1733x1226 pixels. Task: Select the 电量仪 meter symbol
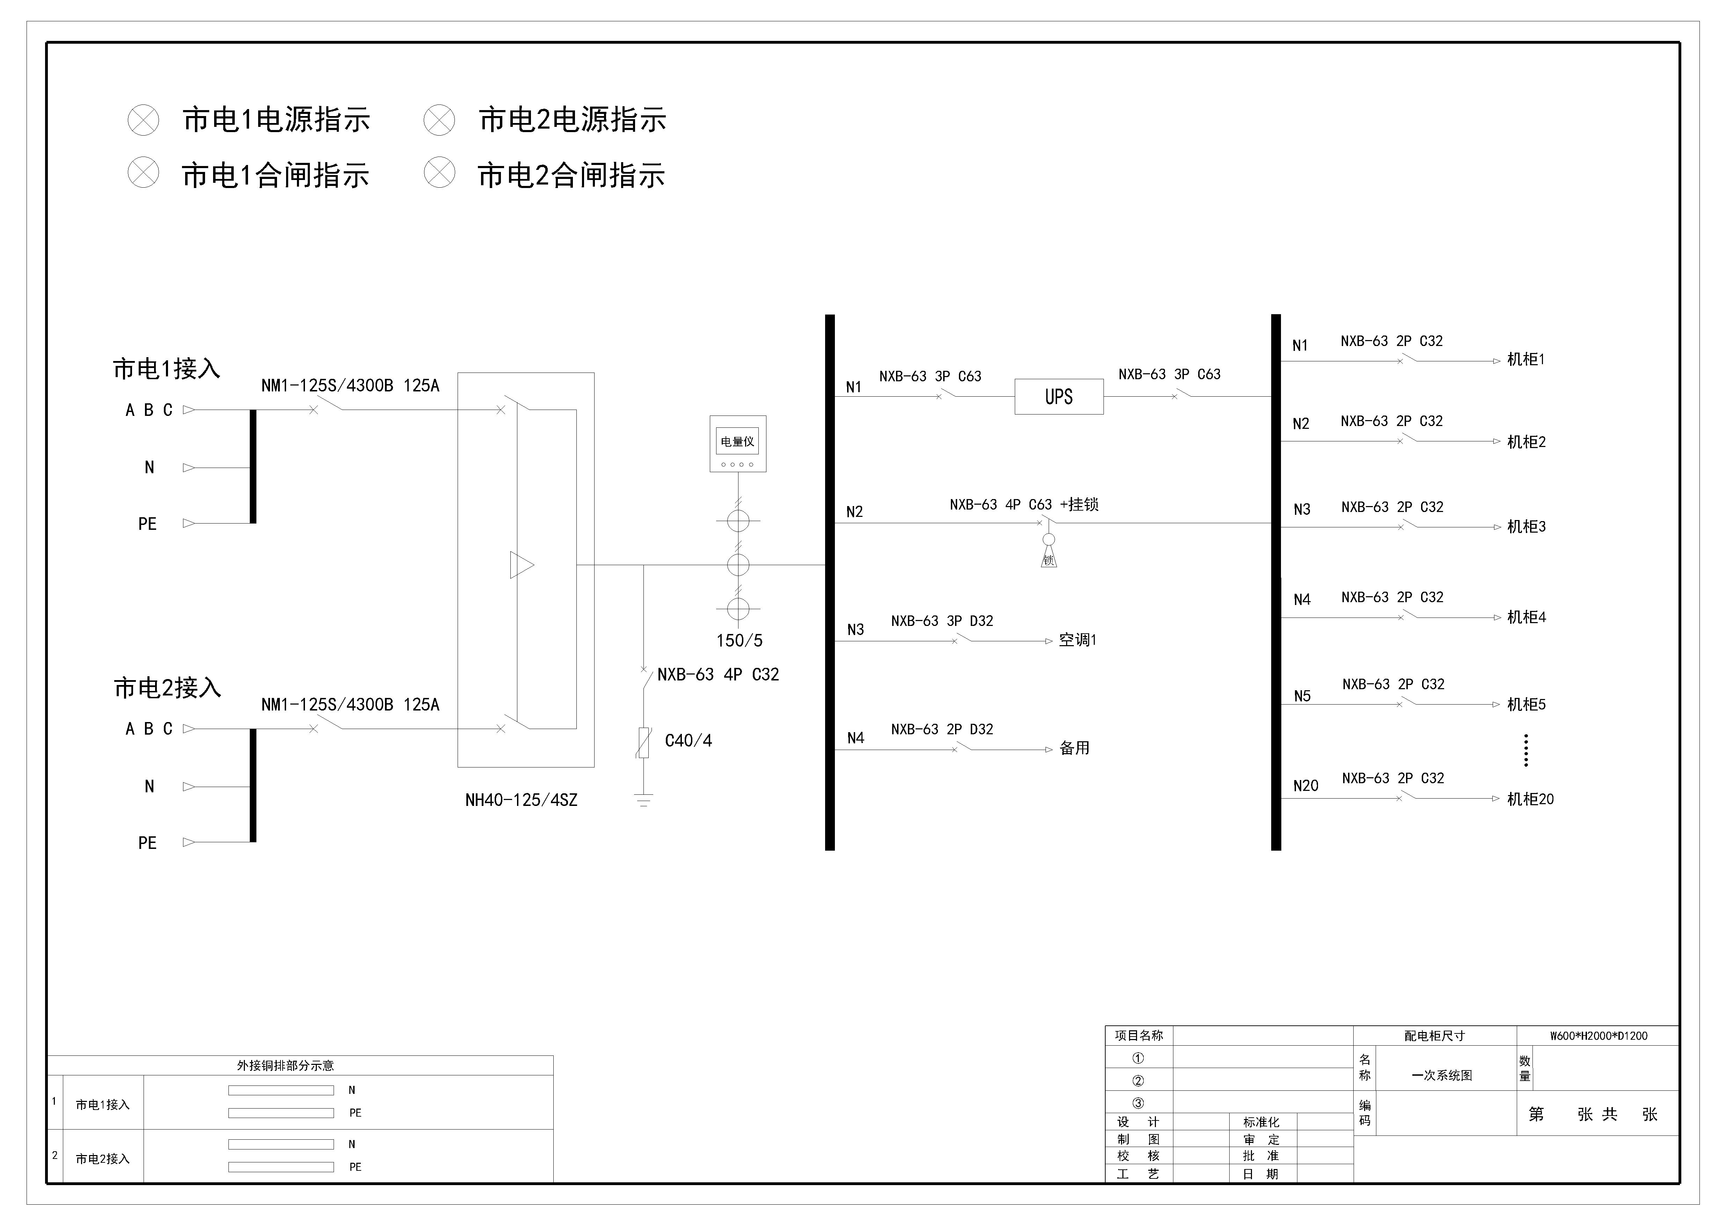737,444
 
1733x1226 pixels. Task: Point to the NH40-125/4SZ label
521,800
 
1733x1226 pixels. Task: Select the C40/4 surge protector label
687,741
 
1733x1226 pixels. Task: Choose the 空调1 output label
1077,640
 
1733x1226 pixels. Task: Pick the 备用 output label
1074,748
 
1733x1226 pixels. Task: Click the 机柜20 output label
1530,799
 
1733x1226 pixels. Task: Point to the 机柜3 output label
1526,527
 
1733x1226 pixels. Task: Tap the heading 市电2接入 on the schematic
168,688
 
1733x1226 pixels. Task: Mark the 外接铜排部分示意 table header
285,1065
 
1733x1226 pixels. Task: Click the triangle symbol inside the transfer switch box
521,565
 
